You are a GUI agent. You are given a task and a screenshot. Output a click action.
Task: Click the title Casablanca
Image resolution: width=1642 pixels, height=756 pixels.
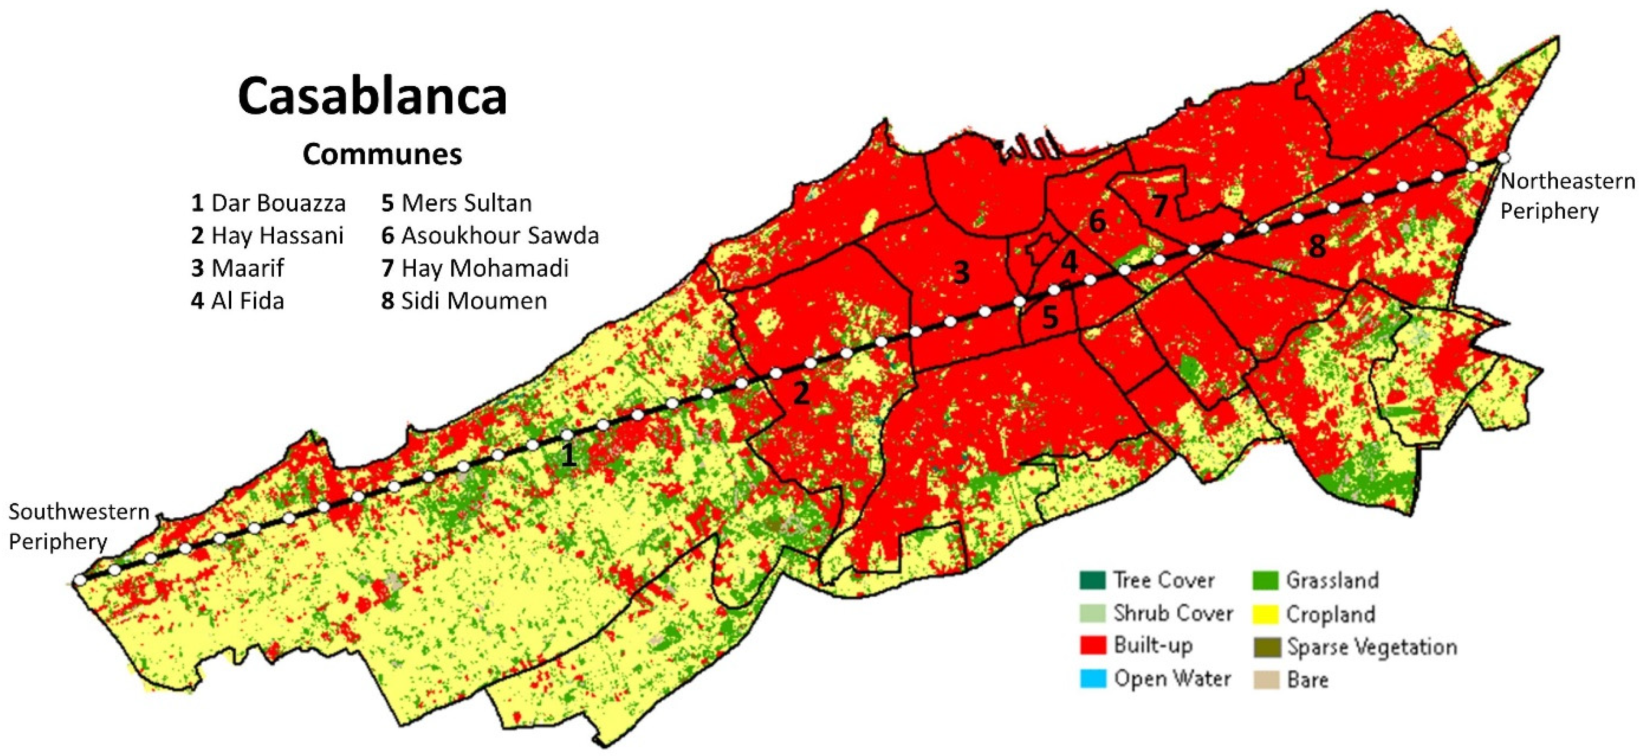pyautogui.click(x=372, y=97)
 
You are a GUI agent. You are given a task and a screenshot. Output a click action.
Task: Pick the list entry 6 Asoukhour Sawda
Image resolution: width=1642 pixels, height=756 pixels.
pyautogui.click(x=489, y=236)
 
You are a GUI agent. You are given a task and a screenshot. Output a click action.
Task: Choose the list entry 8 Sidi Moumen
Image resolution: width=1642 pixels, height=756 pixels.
pyautogui.click(x=464, y=301)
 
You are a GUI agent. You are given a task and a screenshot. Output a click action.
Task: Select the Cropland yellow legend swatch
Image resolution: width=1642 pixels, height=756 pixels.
pyautogui.click(x=1265, y=614)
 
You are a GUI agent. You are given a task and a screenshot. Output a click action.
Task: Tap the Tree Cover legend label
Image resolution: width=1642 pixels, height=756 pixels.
pyautogui.click(x=1163, y=580)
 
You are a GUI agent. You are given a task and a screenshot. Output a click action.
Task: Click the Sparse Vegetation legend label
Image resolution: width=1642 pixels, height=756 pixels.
pyautogui.click(x=1372, y=647)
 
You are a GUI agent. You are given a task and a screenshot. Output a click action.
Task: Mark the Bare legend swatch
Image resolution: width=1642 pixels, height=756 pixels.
pyautogui.click(x=1265, y=680)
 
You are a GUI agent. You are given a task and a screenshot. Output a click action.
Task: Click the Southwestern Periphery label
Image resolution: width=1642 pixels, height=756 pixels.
pyautogui.click(x=79, y=526)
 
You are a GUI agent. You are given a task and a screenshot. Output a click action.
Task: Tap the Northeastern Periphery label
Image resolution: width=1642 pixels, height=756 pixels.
pyautogui.click(x=1567, y=196)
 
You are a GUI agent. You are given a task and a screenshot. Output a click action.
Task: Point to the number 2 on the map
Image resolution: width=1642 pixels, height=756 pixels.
pyautogui.click(x=801, y=393)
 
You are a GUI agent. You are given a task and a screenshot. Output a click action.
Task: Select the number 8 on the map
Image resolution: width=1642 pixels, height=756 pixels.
pyautogui.click(x=1317, y=246)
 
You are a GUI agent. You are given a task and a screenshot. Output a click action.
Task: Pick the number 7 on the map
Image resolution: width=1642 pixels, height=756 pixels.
pyautogui.click(x=1159, y=205)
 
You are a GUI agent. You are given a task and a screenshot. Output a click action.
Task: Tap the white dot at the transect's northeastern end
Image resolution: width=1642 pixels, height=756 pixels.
pyautogui.click(x=1504, y=158)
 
